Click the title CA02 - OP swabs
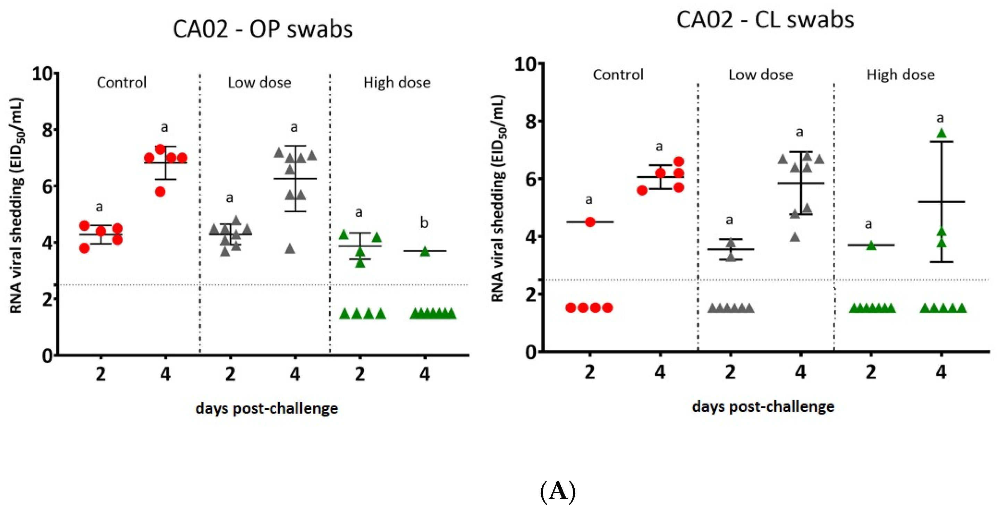pyautogui.click(x=263, y=29)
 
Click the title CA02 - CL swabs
pyautogui.click(x=765, y=20)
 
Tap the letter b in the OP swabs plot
pyautogui.click(x=424, y=223)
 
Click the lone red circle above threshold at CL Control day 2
pyautogui.click(x=590, y=222)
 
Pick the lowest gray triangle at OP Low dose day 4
pyautogui.click(x=290, y=249)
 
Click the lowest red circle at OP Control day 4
pyautogui.click(x=160, y=191)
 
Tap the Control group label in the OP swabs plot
pyautogui.click(x=122, y=83)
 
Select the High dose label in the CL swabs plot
pyautogui.click(x=900, y=75)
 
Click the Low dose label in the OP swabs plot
pyautogui.click(x=259, y=83)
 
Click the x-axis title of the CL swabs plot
pyautogui.click(x=763, y=407)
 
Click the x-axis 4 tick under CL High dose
pyautogui.click(x=941, y=372)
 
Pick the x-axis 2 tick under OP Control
pyautogui.click(x=101, y=374)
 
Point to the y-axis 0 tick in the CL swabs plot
pyautogui.click(x=532, y=352)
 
